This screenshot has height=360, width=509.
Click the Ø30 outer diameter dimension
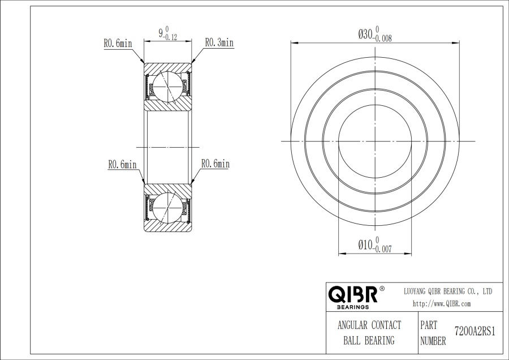pos(375,35)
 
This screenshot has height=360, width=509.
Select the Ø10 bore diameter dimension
pos(375,245)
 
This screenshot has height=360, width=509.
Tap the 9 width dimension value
pos(161,33)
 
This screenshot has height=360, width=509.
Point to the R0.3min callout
pos(219,42)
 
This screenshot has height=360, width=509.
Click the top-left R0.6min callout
pos(118,43)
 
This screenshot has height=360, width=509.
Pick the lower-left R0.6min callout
pos(122,165)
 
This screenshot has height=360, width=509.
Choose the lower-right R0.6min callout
pos(215,164)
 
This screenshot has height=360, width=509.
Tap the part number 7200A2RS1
pos(475,331)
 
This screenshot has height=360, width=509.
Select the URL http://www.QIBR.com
pos(442,304)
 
